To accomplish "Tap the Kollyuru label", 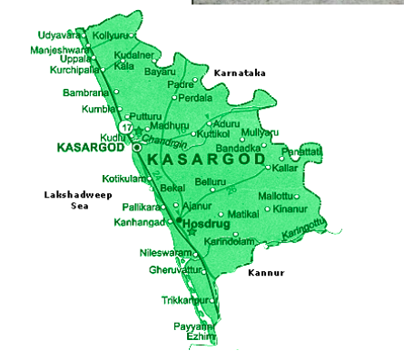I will tap(112, 34).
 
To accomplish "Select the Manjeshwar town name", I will tap(60, 50).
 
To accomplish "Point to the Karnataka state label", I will tap(240, 72).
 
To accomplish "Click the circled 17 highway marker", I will tap(137, 126).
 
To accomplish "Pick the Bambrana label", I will tap(84, 92).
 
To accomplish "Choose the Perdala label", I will tap(195, 97).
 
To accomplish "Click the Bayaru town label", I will tap(160, 71).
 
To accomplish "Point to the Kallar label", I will tap(284, 169).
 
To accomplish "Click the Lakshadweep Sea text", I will tap(69, 200).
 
